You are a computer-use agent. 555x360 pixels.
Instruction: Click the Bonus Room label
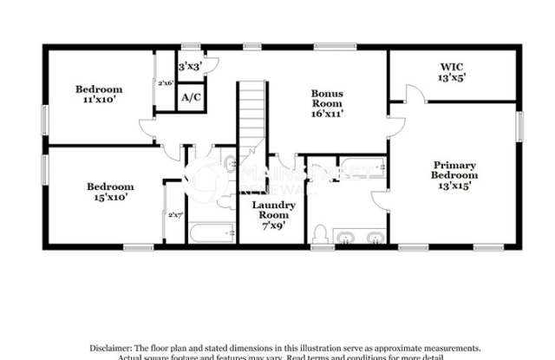(x=329, y=101)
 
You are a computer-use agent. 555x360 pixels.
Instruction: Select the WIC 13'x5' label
(x=452, y=70)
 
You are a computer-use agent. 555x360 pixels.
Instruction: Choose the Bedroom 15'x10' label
(x=109, y=191)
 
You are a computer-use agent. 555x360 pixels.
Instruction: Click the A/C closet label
(x=191, y=96)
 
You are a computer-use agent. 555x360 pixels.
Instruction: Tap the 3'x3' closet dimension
(x=189, y=66)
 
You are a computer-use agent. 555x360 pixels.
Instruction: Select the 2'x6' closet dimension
(x=165, y=83)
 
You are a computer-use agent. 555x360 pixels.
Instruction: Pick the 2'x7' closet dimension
(x=175, y=214)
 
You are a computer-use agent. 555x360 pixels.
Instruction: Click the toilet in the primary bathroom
(x=320, y=235)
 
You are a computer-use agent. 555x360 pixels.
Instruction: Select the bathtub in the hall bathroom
(x=212, y=232)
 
